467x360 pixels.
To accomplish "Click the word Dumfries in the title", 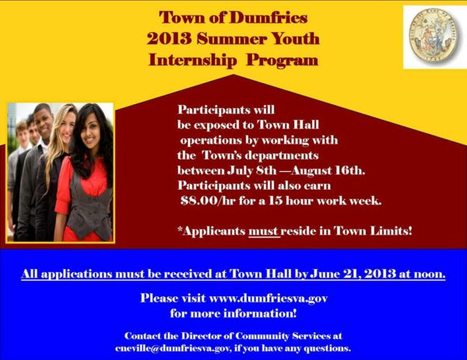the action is tap(269, 17).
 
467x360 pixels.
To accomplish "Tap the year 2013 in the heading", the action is tap(169, 39).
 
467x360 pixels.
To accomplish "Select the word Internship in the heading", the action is tap(192, 61).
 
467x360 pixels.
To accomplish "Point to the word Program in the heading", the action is tap(283, 61).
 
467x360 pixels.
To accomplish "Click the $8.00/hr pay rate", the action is tap(208, 201).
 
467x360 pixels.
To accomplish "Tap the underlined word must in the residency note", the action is tap(263, 231).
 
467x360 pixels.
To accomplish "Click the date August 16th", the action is tap(328, 170).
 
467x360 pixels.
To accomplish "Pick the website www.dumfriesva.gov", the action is tap(269, 298).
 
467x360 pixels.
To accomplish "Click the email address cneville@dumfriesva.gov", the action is tap(173, 348).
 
